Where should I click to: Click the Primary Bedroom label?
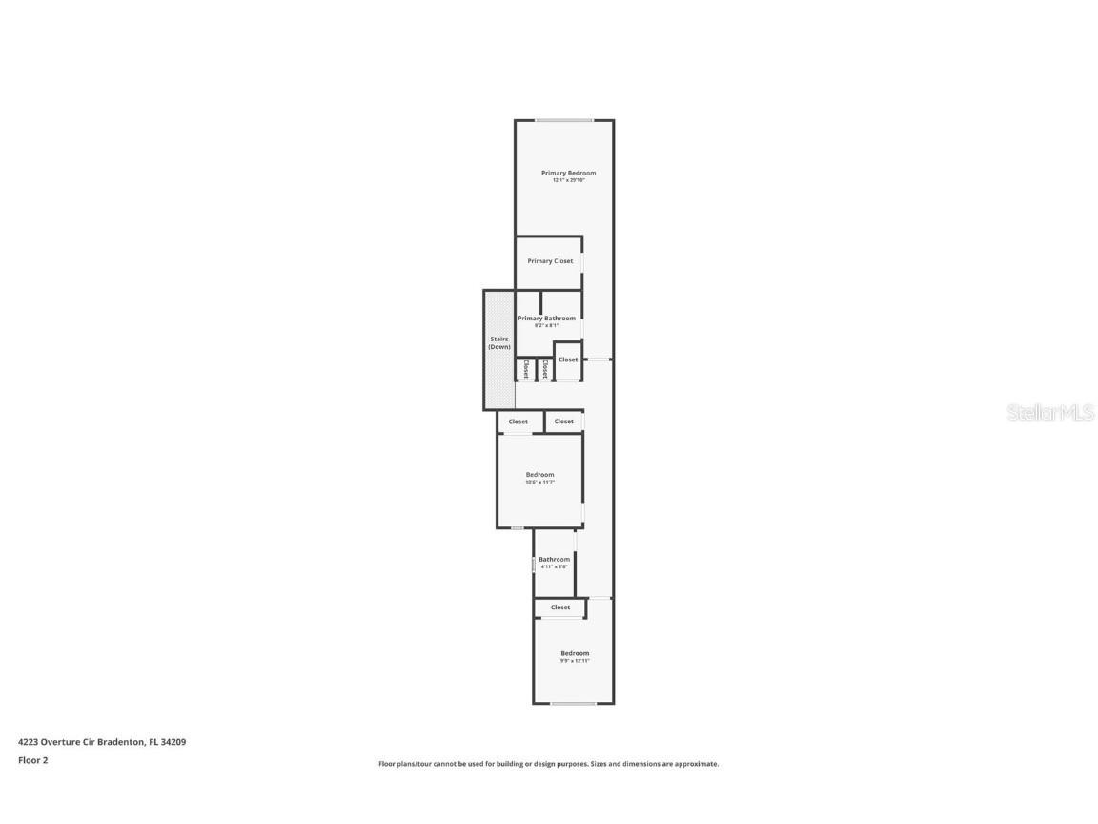[x=568, y=173]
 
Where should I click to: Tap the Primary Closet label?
[x=550, y=261]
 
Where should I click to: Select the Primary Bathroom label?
[x=546, y=319]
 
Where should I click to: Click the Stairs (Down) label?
[x=499, y=343]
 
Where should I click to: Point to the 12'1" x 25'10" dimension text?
[x=568, y=180]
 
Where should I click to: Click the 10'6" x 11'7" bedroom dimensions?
[x=539, y=483]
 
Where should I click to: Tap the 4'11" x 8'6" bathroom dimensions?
[x=554, y=567]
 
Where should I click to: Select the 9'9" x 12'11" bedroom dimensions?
[x=575, y=661]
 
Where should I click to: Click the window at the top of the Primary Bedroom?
[x=563, y=120]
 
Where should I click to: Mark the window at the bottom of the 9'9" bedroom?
[x=574, y=704]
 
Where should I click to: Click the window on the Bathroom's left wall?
[x=534, y=565]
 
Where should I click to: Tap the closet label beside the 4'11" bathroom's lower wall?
[x=560, y=608]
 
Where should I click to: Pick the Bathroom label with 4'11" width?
[x=554, y=560]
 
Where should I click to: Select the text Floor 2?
[x=32, y=760]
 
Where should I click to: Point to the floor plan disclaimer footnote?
[x=548, y=764]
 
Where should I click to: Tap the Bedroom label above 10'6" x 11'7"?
[x=539, y=475]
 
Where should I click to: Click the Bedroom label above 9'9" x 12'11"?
[x=575, y=653]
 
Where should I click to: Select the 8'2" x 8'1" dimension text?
[x=546, y=325]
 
